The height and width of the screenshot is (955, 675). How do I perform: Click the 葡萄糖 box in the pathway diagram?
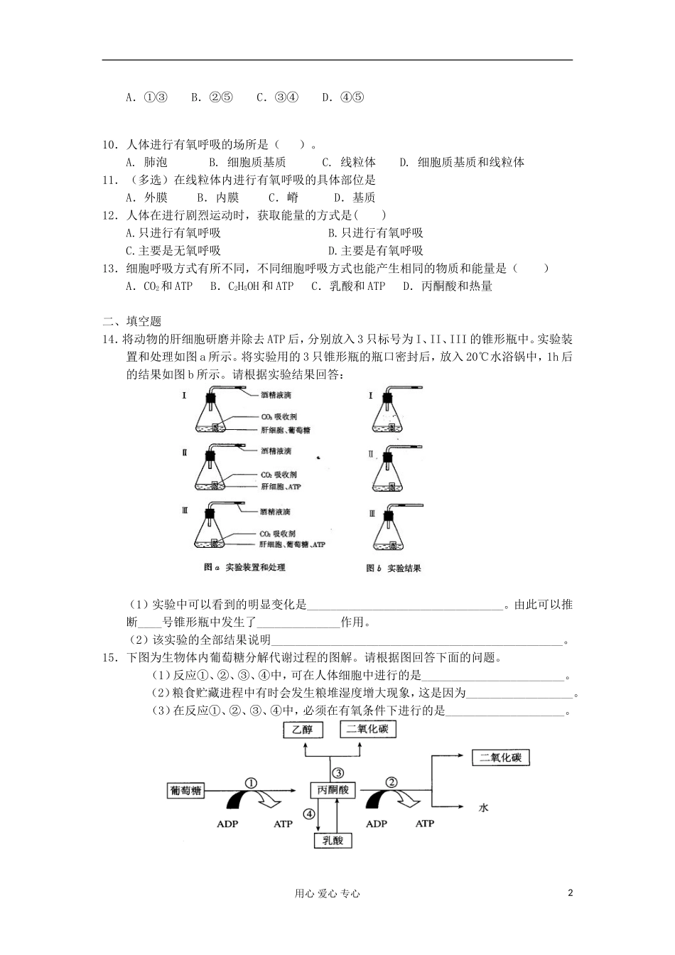click(x=186, y=790)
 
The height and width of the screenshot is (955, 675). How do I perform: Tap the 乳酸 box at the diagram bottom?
click(x=333, y=840)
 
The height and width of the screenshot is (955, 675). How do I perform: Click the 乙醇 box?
click(x=302, y=730)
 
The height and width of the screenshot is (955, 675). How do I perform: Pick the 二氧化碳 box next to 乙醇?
click(x=367, y=729)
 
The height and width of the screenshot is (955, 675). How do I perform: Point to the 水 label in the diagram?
click(x=484, y=807)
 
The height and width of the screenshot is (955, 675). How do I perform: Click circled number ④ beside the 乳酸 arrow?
click(x=308, y=814)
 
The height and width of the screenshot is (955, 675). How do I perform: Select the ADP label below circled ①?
click(x=227, y=824)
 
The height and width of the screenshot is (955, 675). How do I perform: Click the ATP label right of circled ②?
click(x=424, y=824)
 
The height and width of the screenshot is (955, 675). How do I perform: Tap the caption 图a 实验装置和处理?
click(x=244, y=567)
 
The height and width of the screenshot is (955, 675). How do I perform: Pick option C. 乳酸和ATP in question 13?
click(x=348, y=286)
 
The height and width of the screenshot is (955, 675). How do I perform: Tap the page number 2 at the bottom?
click(x=570, y=893)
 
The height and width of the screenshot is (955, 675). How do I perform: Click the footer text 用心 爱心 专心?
click(x=327, y=894)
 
